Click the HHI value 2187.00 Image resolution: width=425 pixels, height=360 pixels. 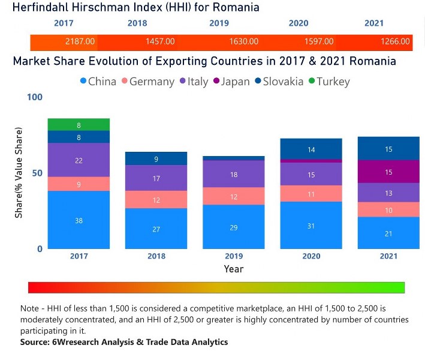(x=80, y=42)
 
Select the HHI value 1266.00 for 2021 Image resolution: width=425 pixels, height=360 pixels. (x=396, y=42)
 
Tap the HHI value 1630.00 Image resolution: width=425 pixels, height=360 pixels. (x=244, y=42)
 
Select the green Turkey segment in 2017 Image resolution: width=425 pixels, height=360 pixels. (x=79, y=125)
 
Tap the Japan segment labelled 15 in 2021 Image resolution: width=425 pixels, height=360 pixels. (x=388, y=172)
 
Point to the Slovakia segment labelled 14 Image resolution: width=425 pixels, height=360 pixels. (x=311, y=149)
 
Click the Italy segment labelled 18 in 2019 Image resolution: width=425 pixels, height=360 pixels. (x=234, y=174)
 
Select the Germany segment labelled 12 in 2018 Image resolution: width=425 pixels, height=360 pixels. (x=156, y=199)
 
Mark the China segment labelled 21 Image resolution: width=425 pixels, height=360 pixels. (x=388, y=233)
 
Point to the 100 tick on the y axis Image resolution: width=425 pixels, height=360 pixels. (x=35, y=97)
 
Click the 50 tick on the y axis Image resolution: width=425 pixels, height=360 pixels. (x=38, y=173)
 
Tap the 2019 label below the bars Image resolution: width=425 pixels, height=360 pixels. (x=234, y=256)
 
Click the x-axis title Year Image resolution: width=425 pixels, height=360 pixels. (x=234, y=269)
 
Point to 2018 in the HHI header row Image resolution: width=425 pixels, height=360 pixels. (x=137, y=23)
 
